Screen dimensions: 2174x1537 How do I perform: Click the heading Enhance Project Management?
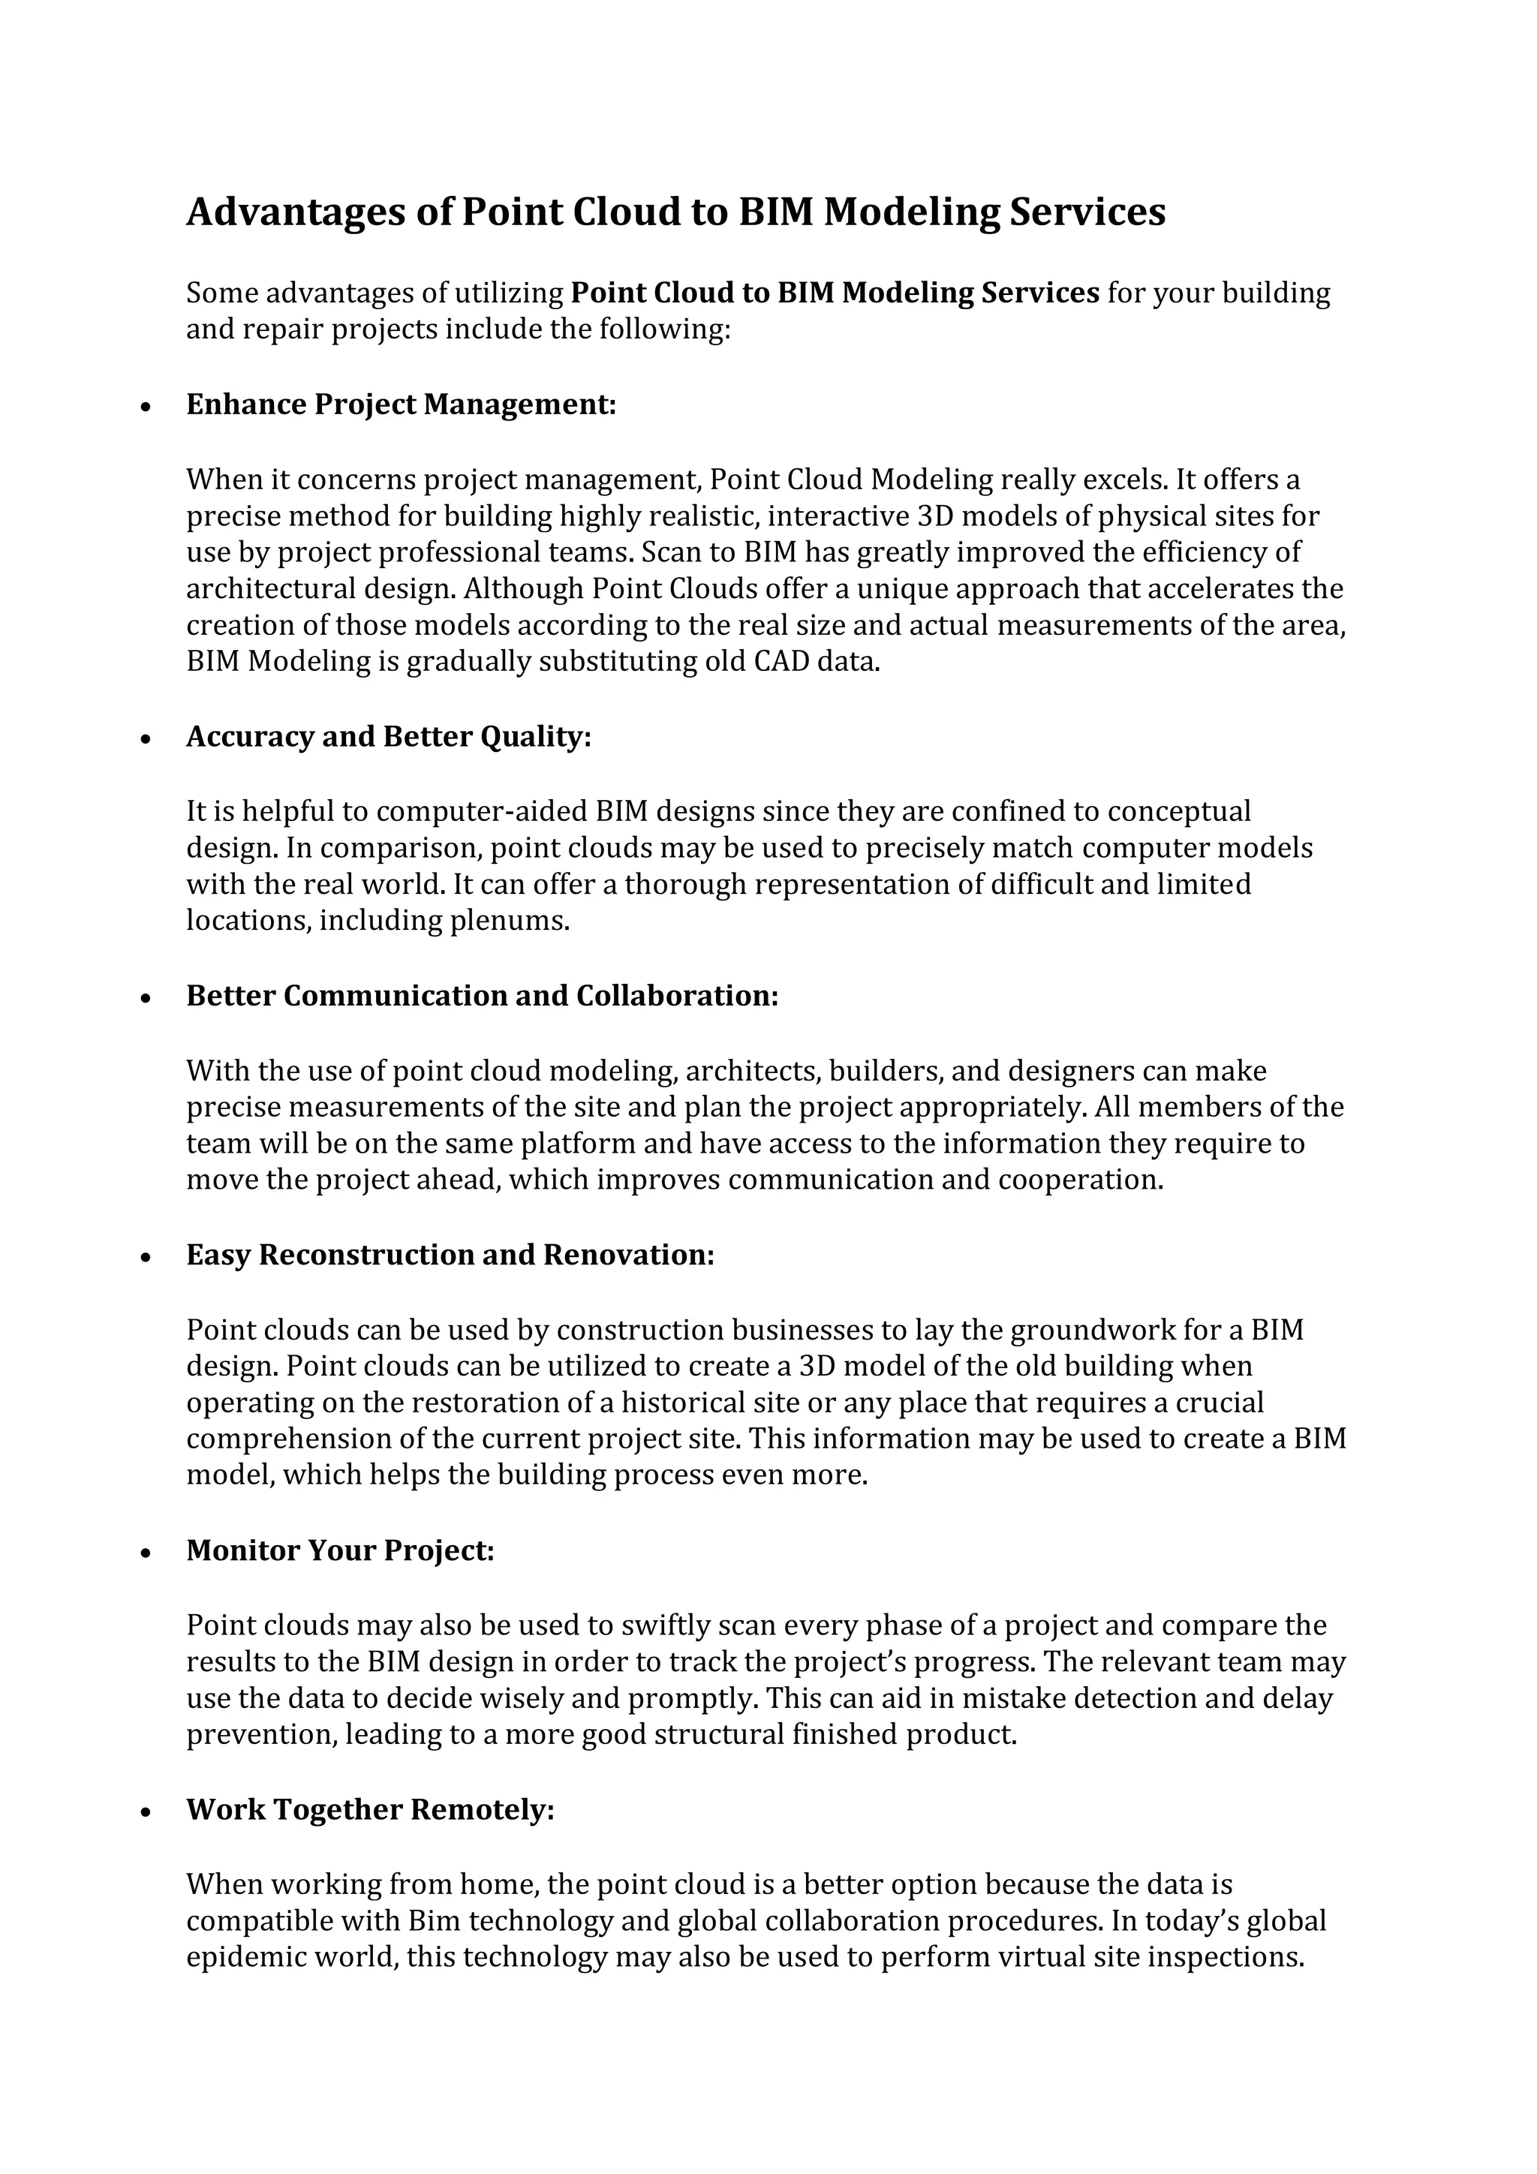[401, 404]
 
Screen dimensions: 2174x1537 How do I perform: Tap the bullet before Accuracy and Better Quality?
[145, 738]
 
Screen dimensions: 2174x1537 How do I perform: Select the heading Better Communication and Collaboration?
[481, 995]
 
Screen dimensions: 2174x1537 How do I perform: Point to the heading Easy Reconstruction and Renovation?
[450, 1255]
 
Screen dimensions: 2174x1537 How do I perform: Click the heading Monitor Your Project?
[340, 1550]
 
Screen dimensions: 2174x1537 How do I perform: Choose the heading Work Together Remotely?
[369, 1809]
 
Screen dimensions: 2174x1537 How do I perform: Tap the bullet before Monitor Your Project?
[145, 1553]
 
